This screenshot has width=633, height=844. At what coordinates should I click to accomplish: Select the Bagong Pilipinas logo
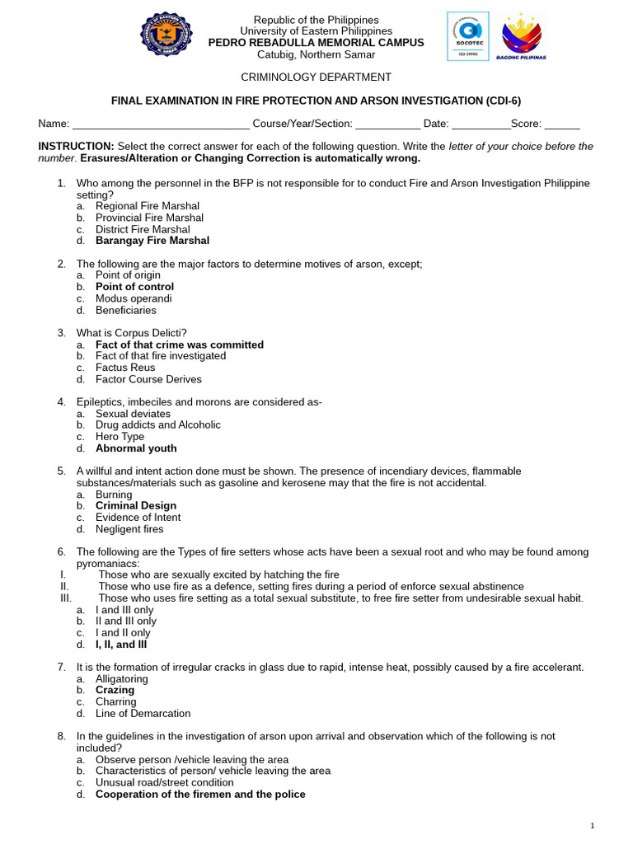521,37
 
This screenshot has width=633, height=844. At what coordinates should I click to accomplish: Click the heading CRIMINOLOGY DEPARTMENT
316,77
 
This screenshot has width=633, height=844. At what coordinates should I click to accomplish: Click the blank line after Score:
562,124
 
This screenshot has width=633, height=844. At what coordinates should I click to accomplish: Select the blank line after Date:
481,124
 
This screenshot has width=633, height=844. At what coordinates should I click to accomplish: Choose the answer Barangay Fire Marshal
152,241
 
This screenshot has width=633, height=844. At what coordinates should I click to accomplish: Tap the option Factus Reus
125,368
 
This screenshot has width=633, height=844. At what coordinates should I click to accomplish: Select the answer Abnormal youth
136,448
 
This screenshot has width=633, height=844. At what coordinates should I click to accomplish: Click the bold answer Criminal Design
136,506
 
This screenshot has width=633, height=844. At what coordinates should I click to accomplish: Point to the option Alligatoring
122,679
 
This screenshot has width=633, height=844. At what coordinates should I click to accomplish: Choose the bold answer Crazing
115,691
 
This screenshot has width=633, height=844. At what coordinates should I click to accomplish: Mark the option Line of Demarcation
143,714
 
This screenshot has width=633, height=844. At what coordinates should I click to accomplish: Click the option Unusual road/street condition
164,783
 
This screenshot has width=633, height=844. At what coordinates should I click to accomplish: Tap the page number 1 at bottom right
592,826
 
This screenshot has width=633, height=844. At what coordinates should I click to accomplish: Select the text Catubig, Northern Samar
316,54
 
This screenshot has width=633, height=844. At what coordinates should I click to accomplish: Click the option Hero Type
120,437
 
